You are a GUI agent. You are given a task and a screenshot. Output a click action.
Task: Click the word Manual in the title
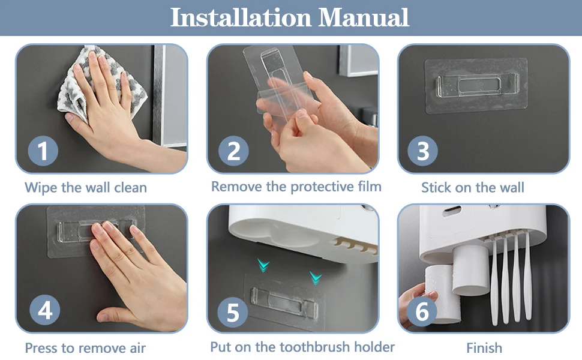[364, 17]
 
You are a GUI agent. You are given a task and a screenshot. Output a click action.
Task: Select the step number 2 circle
[233, 151]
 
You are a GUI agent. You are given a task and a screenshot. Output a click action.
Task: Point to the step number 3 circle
[423, 151]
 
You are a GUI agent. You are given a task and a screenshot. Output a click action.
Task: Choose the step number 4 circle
[45, 310]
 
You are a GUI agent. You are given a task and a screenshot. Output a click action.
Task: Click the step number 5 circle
[233, 312]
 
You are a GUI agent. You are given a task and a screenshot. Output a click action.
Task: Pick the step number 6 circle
[423, 312]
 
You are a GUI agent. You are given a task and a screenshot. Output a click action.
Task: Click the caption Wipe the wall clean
[86, 188]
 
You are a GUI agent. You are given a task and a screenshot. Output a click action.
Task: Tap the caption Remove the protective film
[296, 187]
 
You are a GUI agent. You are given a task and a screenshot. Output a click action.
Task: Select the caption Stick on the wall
[472, 188]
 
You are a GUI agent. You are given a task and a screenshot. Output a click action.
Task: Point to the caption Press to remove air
[85, 348]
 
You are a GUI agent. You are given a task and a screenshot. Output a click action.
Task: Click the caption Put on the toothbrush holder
[302, 347]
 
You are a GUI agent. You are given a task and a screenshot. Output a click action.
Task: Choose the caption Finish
[484, 348]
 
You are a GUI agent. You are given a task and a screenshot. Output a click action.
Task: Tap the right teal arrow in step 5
[316, 277]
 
